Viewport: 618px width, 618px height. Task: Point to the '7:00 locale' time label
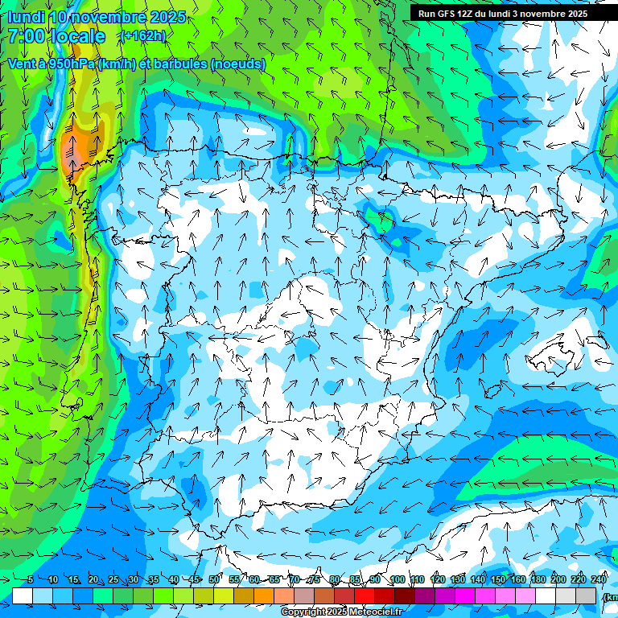pos(56,36)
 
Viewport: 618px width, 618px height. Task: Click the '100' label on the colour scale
pos(397,579)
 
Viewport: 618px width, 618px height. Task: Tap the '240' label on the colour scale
pos(599,579)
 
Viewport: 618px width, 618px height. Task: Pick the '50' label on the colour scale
pos(214,579)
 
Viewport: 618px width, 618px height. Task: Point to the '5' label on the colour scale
pos(31,579)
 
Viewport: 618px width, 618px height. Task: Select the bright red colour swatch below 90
pos(365,595)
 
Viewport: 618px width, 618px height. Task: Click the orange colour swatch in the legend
pos(264,595)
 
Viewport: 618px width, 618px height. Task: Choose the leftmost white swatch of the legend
pos(23,595)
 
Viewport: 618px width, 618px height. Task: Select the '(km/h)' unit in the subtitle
pos(118,64)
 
